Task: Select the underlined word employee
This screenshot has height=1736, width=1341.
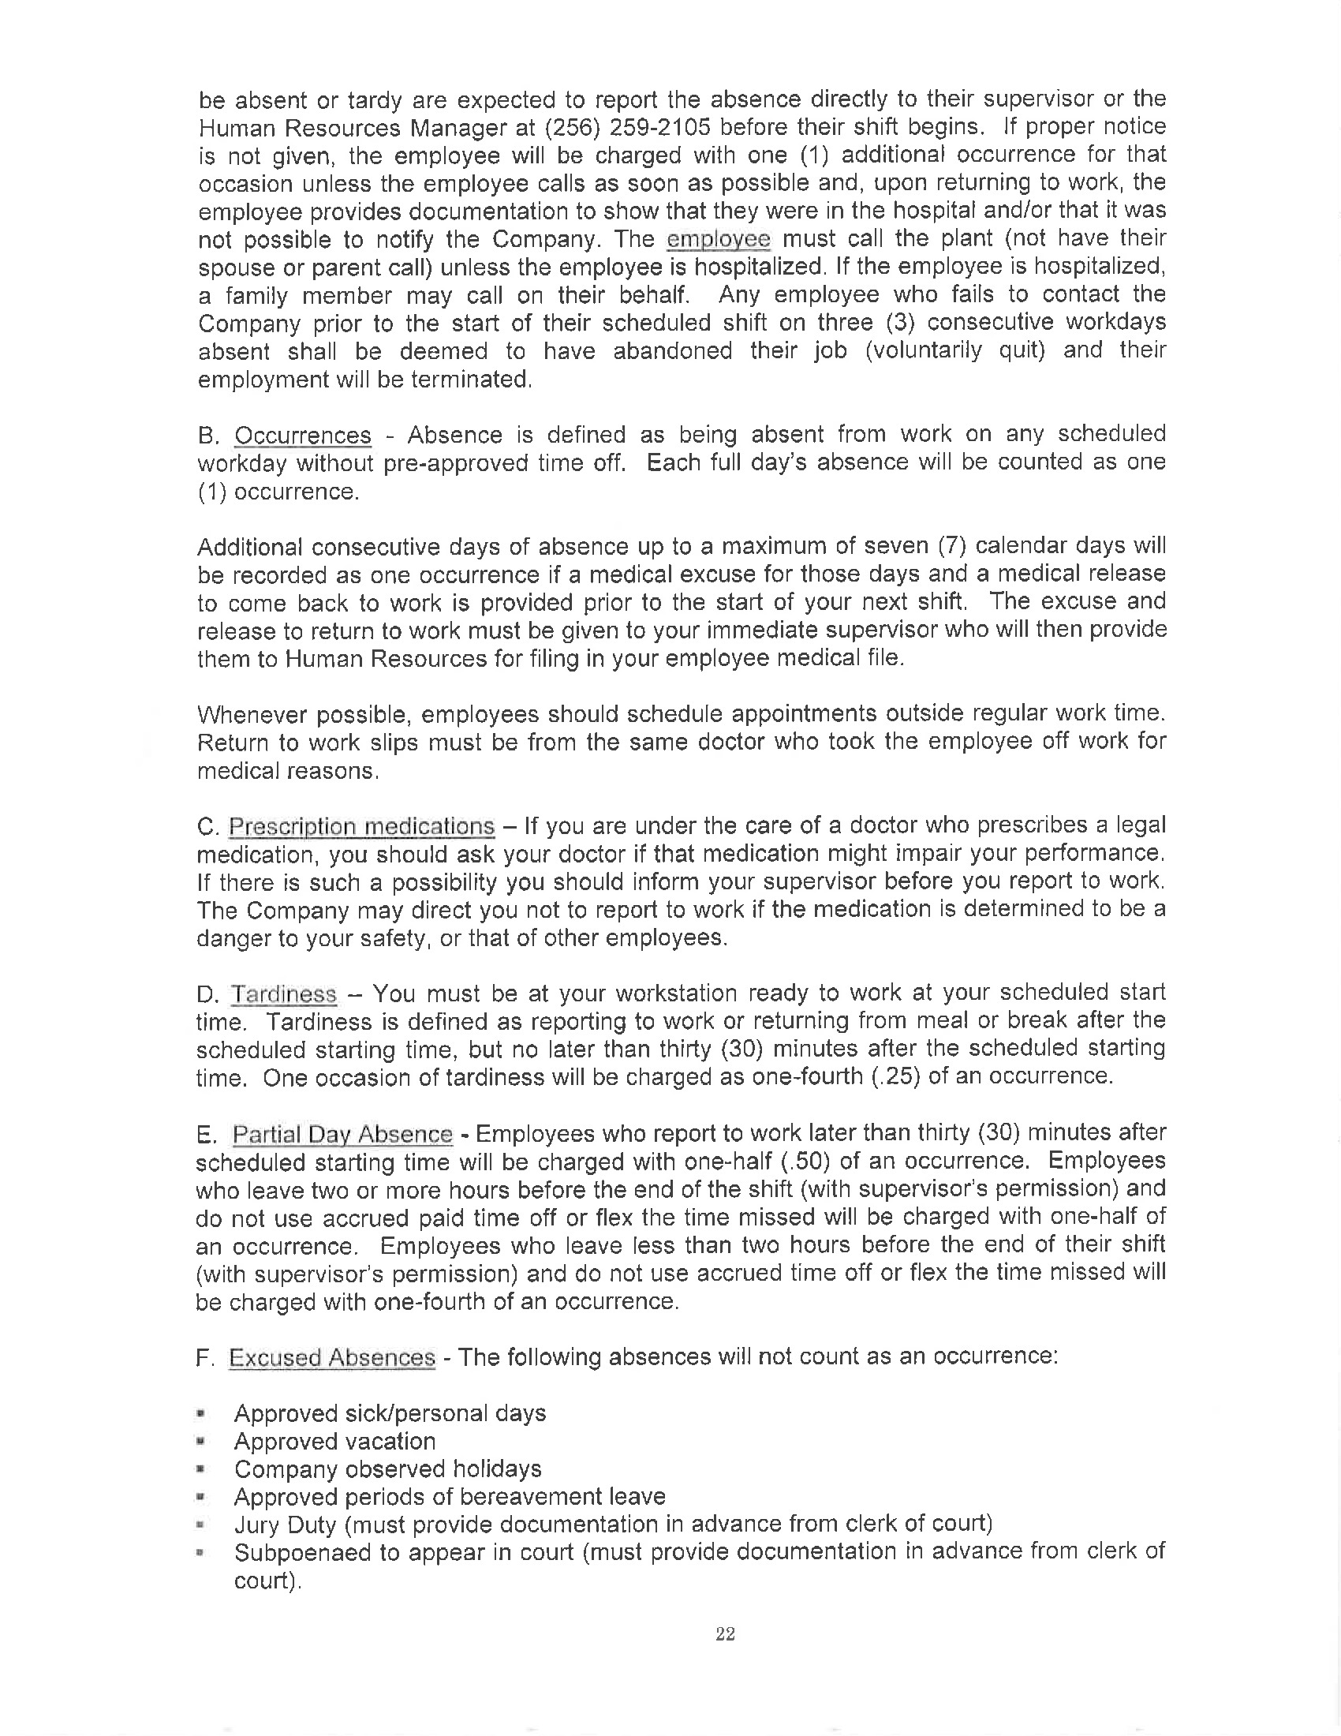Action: tap(718, 239)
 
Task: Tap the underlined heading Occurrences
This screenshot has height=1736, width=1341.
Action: tap(303, 436)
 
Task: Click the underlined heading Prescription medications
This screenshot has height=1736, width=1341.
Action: tap(361, 827)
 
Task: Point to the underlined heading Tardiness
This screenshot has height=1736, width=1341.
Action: tap(284, 994)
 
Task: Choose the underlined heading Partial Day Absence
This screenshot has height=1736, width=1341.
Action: tap(342, 1134)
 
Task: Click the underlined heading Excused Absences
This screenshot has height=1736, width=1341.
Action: tap(332, 1358)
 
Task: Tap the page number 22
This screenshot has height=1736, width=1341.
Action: tap(724, 1634)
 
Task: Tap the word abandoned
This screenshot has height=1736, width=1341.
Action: tap(672, 350)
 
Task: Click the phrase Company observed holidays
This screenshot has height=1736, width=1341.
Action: tap(387, 1469)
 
